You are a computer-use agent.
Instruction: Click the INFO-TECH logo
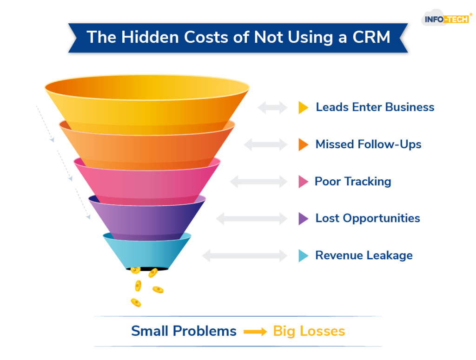(x=446, y=18)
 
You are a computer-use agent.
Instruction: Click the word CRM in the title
(x=371, y=37)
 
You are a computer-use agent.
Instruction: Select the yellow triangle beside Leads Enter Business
(x=303, y=108)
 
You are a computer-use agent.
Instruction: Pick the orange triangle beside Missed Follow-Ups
(x=303, y=144)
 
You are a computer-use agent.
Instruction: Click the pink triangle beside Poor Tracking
(x=303, y=182)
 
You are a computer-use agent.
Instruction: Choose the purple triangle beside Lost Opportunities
(x=303, y=219)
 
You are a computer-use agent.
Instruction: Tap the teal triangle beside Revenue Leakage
(x=303, y=255)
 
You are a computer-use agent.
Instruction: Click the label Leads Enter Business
(x=375, y=107)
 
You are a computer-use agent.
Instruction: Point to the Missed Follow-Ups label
(x=368, y=144)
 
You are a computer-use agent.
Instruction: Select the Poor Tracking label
(x=353, y=182)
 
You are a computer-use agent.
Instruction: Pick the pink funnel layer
(x=146, y=183)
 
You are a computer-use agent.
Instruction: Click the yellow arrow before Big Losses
(x=255, y=332)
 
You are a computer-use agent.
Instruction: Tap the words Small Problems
(x=184, y=331)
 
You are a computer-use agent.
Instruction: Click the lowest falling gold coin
(x=136, y=302)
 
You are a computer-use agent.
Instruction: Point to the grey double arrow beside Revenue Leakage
(x=245, y=255)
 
